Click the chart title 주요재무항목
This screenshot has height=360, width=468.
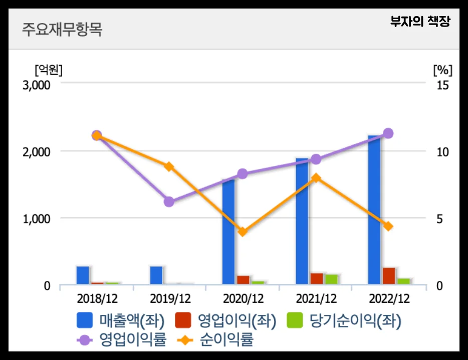62,29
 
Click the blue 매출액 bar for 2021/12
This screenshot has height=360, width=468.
302,221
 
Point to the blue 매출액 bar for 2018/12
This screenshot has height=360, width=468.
83,275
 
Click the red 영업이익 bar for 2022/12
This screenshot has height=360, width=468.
389,276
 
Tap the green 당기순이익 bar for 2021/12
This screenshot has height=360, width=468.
331,279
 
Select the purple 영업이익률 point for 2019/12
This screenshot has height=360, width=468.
169,202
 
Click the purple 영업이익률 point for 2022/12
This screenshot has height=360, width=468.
388,133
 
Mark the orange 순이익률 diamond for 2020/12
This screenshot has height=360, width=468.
243,232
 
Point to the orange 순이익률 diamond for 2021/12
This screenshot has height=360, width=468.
315,177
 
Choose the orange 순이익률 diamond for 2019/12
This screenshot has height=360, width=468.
169,166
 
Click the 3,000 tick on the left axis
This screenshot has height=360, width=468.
37,85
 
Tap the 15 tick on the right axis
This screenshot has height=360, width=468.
442,85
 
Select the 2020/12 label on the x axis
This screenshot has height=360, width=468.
243,299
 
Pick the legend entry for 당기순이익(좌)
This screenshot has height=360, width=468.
344,320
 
